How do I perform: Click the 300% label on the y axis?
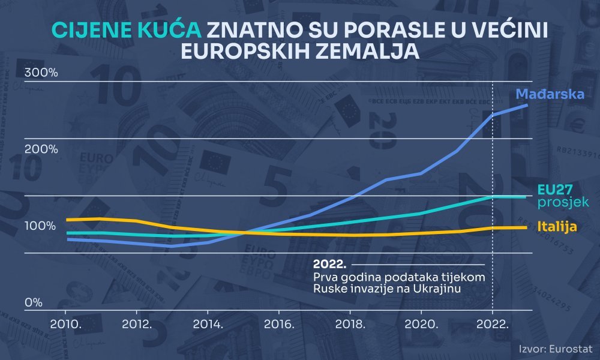tap(41, 73)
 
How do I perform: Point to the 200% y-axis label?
tap(41, 149)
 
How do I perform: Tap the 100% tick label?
tap(40, 226)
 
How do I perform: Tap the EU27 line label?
tap(555, 189)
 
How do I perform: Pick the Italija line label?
tap(557, 227)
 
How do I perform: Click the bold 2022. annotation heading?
tap(330, 265)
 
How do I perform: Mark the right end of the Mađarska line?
tap(527, 105)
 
